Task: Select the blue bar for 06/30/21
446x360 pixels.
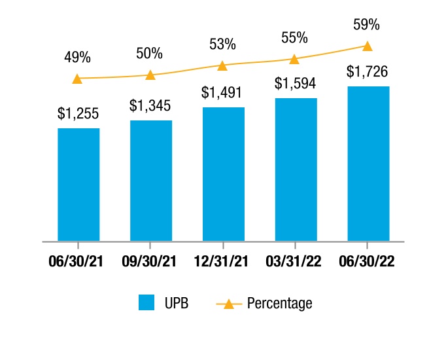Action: pyautogui.click(x=78, y=185)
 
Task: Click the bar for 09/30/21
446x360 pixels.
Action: pyautogui.click(x=151, y=181)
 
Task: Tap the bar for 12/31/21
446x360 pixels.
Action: pyautogui.click(x=224, y=174)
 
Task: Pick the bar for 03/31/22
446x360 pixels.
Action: pyautogui.click(x=296, y=170)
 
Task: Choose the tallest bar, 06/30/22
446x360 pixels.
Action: pyautogui.click(x=369, y=164)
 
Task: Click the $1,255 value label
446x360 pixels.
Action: pyautogui.click(x=78, y=113)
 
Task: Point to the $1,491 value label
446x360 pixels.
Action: pyautogui.click(x=222, y=92)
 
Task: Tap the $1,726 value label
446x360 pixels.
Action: pyautogui.click(x=367, y=71)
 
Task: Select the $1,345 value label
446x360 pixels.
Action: pyautogui.click(x=150, y=105)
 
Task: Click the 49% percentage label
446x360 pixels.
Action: pyautogui.click(x=77, y=57)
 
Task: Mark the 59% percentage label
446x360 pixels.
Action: pyautogui.click(x=366, y=24)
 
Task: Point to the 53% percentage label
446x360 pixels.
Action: pyautogui.click(x=222, y=44)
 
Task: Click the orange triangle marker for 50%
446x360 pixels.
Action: pyautogui.click(x=150, y=75)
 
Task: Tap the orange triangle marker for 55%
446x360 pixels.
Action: pyautogui.click(x=294, y=60)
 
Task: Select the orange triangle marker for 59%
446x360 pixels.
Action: pyautogui.click(x=368, y=46)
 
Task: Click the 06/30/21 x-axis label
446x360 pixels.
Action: pyautogui.click(x=76, y=261)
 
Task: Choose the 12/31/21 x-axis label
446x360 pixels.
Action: pyautogui.click(x=221, y=261)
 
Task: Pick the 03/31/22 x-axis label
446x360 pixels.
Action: pyautogui.click(x=294, y=261)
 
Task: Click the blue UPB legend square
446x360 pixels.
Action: pyautogui.click(x=146, y=302)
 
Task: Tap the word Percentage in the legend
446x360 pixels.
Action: pyautogui.click(x=280, y=303)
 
